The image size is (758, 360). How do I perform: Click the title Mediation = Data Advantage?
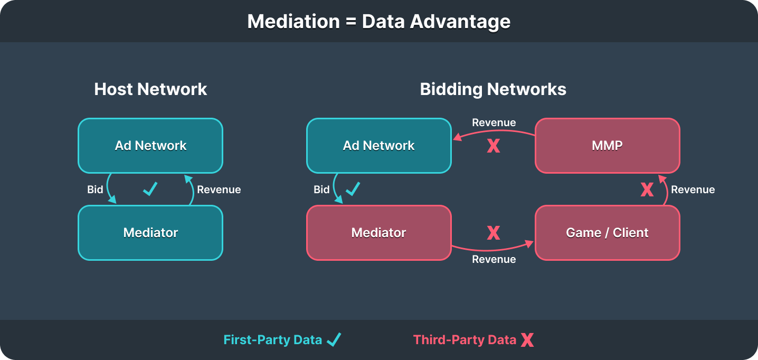tap(378, 22)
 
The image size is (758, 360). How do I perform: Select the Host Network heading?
tap(150, 89)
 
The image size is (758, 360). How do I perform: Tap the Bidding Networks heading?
tap(493, 89)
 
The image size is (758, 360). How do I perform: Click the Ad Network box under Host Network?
tap(150, 146)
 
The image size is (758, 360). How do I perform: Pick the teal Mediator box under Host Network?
tap(150, 232)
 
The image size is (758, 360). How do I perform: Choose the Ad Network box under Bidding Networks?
tap(378, 146)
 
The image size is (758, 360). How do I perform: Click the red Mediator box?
tap(378, 232)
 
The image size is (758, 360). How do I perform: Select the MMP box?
tap(607, 146)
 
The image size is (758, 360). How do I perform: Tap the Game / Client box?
tap(607, 232)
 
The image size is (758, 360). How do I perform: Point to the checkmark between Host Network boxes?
tap(150, 189)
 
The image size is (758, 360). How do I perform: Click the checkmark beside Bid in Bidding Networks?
tap(353, 188)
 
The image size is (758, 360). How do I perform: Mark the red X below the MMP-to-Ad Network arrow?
tap(493, 146)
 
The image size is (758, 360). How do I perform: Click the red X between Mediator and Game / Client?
tap(493, 232)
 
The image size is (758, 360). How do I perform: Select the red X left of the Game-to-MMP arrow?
tap(647, 190)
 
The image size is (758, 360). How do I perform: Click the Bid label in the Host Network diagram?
tap(95, 190)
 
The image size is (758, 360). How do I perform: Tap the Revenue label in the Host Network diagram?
tap(219, 190)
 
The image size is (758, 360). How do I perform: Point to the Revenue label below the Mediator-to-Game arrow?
tap(494, 259)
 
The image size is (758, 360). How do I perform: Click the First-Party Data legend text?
tap(272, 339)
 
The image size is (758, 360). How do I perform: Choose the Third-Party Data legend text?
tap(465, 339)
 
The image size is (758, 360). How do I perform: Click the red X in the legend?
tap(527, 340)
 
